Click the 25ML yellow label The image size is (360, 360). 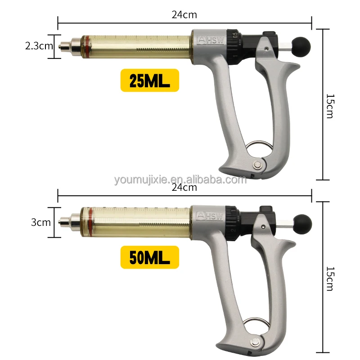coord(149,81)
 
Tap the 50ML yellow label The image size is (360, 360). coord(149,257)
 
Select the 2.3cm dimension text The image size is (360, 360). coord(40,45)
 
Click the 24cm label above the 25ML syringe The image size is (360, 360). coord(184,14)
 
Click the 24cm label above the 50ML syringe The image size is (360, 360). coord(184,188)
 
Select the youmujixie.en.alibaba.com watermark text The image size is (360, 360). coord(180,180)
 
